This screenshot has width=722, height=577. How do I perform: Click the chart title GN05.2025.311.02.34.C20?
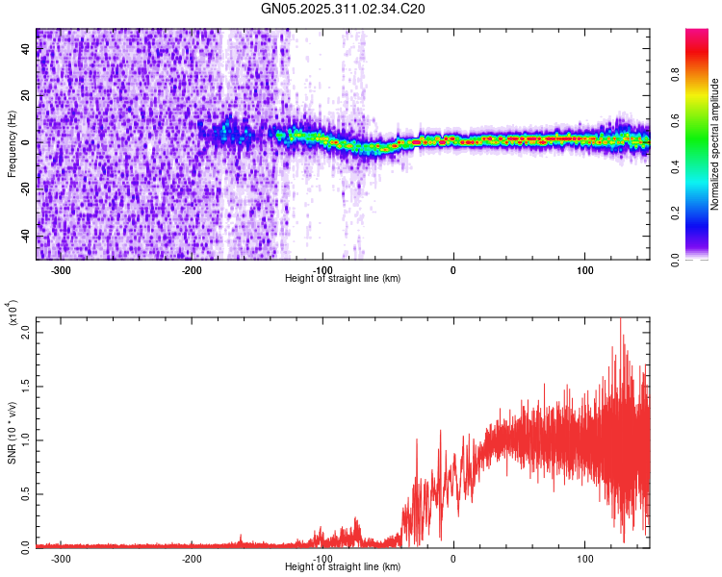(344, 9)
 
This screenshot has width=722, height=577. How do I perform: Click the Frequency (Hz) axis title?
(12, 144)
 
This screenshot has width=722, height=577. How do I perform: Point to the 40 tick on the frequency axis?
(27, 50)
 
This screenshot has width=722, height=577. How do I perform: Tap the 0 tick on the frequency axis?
(27, 142)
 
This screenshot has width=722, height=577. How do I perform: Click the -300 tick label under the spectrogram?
(61, 269)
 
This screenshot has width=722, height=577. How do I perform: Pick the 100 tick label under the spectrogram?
(584, 269)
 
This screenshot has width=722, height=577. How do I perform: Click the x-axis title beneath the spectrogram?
(343, 279)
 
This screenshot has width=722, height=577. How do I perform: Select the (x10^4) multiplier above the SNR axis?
(12, 314)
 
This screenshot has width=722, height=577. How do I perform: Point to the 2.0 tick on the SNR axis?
(26, 332)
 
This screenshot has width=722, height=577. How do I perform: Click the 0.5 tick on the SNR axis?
(26, 493)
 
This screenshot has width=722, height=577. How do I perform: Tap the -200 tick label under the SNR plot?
(192, 558)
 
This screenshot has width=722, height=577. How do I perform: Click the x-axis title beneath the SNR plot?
(343, 567)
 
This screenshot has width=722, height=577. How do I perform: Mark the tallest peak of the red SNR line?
(620, 318)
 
